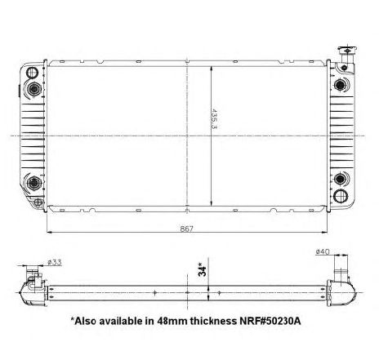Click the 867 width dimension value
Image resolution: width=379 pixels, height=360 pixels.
187,229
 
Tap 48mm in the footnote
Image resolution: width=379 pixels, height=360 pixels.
170,322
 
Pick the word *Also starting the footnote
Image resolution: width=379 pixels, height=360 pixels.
85,322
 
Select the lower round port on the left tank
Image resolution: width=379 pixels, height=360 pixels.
33,184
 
